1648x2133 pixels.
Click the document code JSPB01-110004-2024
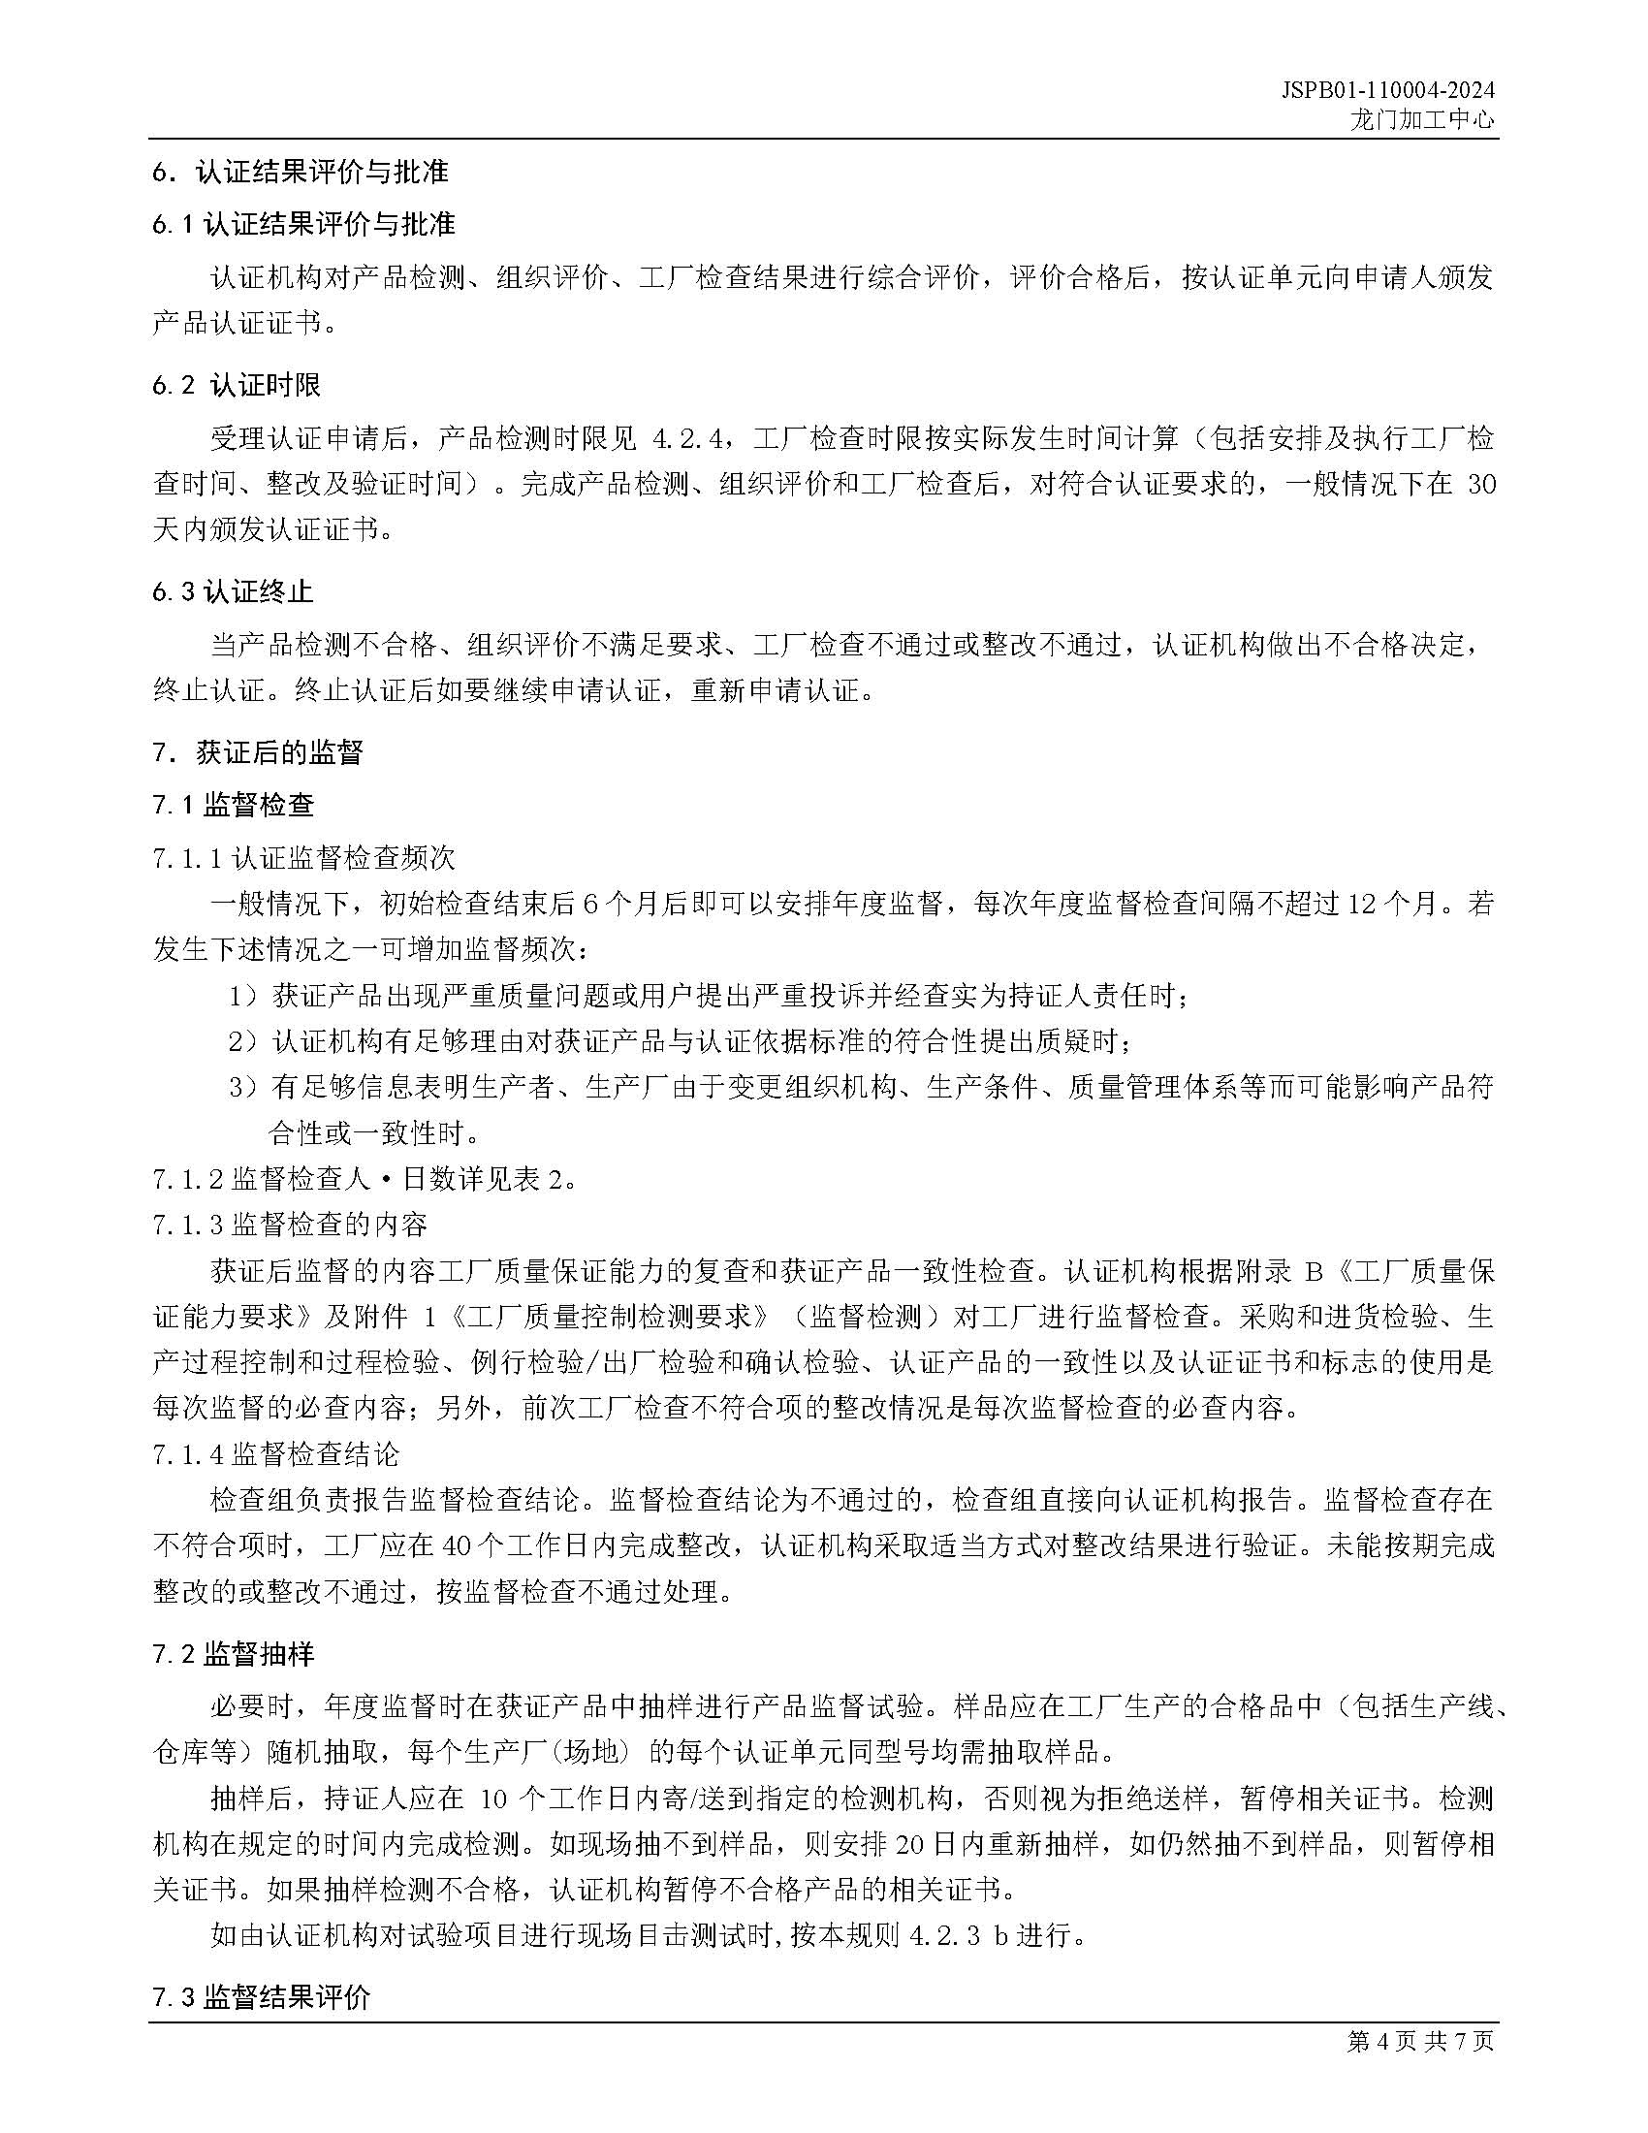[1387, 91]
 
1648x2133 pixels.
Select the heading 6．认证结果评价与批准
[300, 172]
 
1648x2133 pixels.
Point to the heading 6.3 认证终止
[233, 591]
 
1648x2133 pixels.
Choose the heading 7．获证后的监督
[258, 752]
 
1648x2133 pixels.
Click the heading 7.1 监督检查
[234, 805]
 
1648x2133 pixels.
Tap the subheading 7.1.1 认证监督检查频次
[303, 858]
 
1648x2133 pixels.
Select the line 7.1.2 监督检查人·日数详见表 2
[364, 1180]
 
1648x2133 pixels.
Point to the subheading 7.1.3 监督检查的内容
[290, 1225]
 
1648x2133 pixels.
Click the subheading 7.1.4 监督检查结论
[276, 1454]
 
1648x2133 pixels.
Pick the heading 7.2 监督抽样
[234, 1654]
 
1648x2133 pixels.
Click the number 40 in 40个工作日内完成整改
[457, 1546]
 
